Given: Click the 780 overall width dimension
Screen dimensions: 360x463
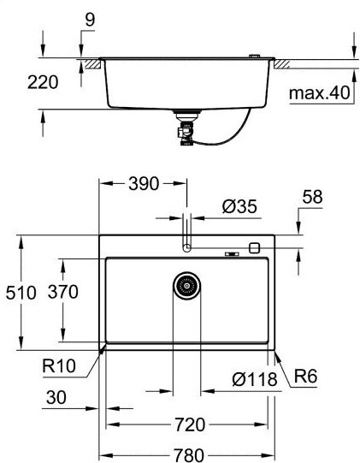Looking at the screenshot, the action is (189, 455).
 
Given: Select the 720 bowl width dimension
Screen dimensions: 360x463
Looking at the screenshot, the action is (190, 424).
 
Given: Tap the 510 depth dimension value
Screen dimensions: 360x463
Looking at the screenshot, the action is (21, 293).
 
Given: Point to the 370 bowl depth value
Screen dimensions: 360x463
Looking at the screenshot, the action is (63, 292).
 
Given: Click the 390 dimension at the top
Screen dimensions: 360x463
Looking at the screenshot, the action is (144, 184).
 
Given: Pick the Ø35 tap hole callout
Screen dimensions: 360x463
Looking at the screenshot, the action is (239, 206).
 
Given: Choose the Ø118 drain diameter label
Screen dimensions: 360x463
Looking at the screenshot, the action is (255, 379).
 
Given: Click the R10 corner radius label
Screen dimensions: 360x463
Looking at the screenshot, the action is (59, 365).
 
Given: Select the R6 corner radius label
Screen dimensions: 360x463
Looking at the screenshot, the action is (306, 377).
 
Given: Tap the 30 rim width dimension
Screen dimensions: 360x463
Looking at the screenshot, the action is (56, 397).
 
